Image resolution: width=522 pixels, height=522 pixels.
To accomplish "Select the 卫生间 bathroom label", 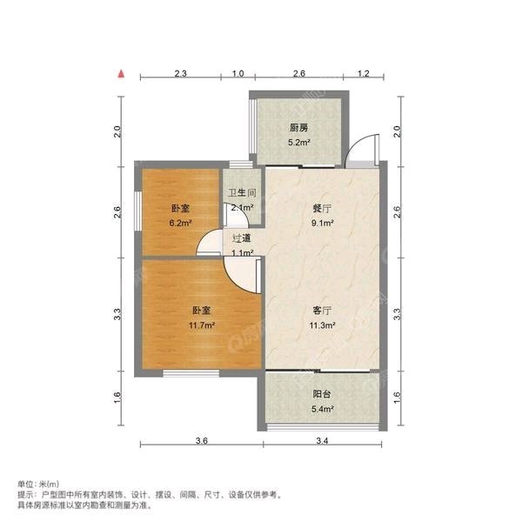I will [x=241, y=194].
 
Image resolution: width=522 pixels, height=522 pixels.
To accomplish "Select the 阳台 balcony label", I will [x=322, y=394].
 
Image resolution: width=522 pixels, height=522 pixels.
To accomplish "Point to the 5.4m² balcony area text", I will [x=322, y=407].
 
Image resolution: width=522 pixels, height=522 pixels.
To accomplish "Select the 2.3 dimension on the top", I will [x=180, y=74].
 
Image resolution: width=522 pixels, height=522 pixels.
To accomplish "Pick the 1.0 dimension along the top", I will [x=238, y=74].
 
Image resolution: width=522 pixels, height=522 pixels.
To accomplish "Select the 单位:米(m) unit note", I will [x=39, y=484].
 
